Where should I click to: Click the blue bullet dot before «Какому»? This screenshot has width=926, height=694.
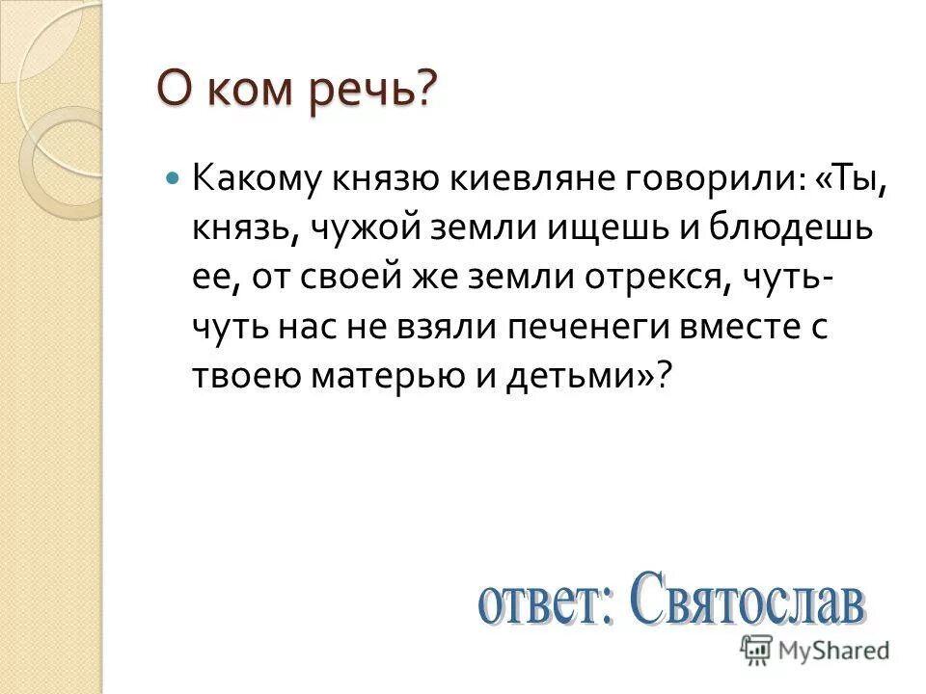tap(173, 178)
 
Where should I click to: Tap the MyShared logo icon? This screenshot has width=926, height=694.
tap(757, 648)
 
